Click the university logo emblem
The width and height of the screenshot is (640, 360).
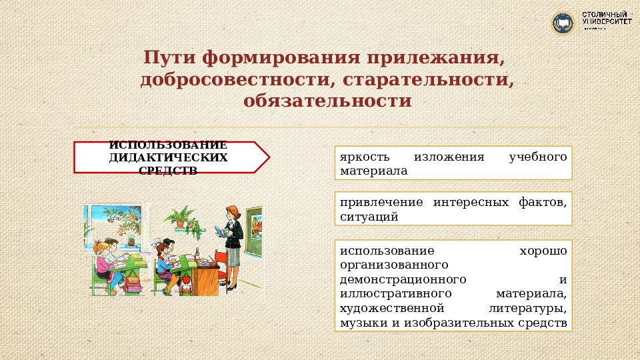point(563,23)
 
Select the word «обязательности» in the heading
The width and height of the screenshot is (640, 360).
point(327,101)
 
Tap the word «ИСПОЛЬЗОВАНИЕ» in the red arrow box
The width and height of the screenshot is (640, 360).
point(168,145)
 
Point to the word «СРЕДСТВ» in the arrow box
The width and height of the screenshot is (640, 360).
point(168,171)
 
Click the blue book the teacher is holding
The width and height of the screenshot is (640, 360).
point(221,232)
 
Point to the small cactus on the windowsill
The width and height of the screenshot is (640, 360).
point(131,240)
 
